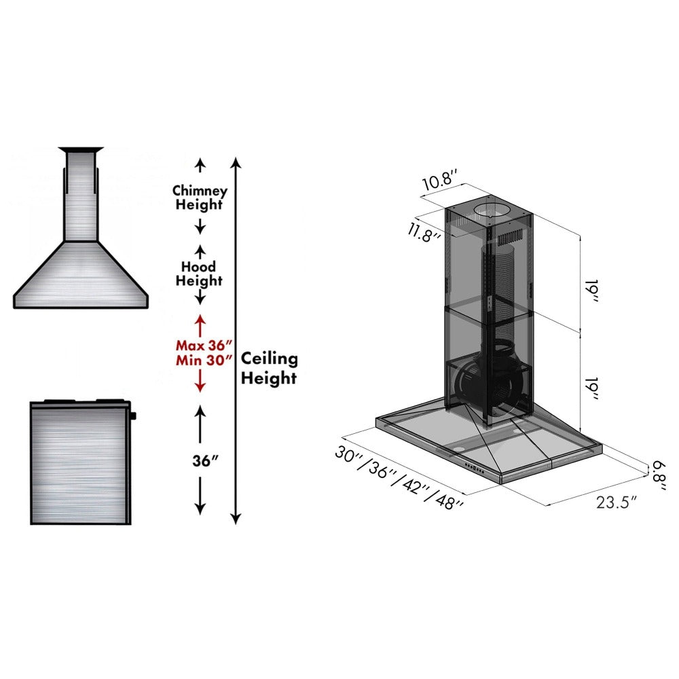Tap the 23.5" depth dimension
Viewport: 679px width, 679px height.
tap(617, 502)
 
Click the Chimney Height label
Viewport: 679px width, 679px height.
tap(199, 198)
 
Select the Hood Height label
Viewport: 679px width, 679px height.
tap(199, 273)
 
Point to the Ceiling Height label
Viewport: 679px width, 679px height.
tap(270, 368)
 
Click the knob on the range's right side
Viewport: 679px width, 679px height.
tap(133, 415)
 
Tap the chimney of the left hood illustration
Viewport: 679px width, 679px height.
tap(81, 197)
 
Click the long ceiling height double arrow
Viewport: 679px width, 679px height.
tap(235, 339)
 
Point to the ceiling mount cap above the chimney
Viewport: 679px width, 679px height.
tap(81, 149)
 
